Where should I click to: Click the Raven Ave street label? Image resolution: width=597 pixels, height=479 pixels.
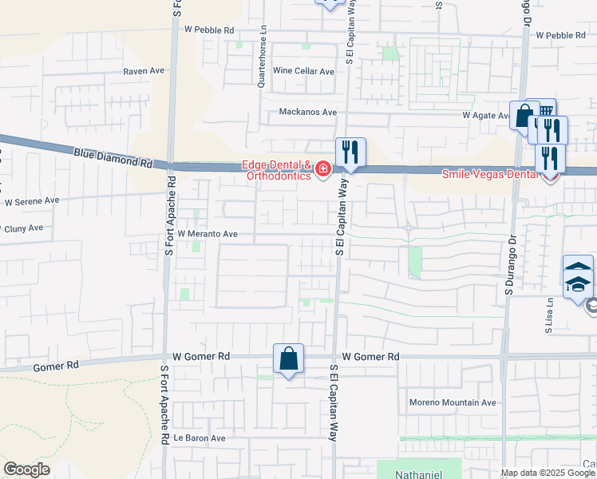(143, 71)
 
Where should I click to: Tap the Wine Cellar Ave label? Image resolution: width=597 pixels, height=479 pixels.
(304, 71)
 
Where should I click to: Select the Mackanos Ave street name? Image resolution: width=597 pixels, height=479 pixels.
(307, 113)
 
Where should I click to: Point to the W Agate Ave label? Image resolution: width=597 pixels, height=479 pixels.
(486, 116)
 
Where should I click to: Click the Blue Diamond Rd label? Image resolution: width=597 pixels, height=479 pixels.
(113, 156)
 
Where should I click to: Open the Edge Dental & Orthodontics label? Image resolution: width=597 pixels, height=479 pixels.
(276, 171)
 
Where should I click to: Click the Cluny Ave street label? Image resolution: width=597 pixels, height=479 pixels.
(23, 228)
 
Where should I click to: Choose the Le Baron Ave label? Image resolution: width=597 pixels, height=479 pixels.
(200, 438)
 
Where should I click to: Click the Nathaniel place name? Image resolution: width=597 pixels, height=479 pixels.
(419, 473)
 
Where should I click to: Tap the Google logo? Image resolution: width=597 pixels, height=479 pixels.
(26, 469)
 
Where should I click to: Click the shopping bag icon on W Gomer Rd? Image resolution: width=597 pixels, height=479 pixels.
(288, 359)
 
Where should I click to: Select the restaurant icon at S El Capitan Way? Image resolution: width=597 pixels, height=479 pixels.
(350, 152)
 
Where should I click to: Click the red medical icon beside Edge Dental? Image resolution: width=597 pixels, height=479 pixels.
(322, 168)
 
